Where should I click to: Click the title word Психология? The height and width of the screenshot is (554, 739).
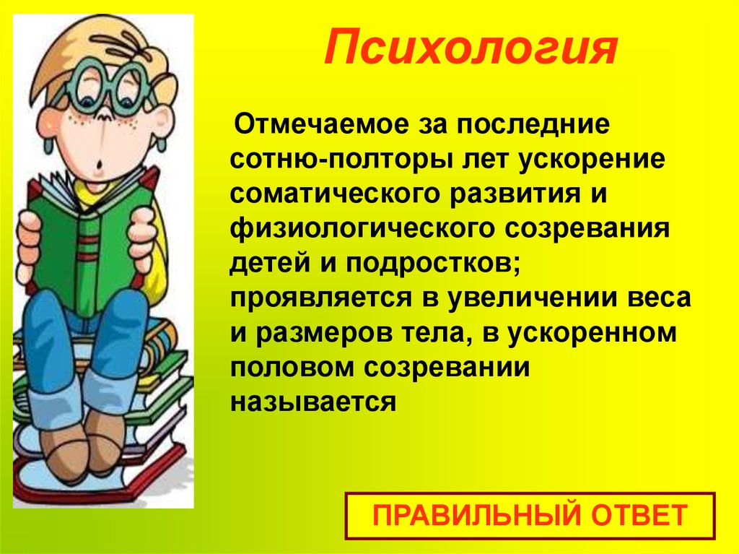[469, 48]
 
